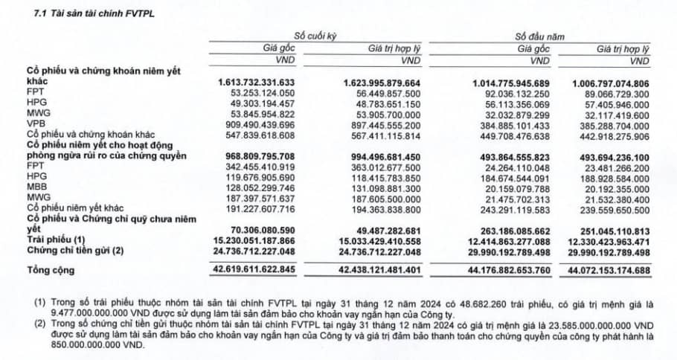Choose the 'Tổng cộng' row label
50,270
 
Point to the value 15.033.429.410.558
379,242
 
